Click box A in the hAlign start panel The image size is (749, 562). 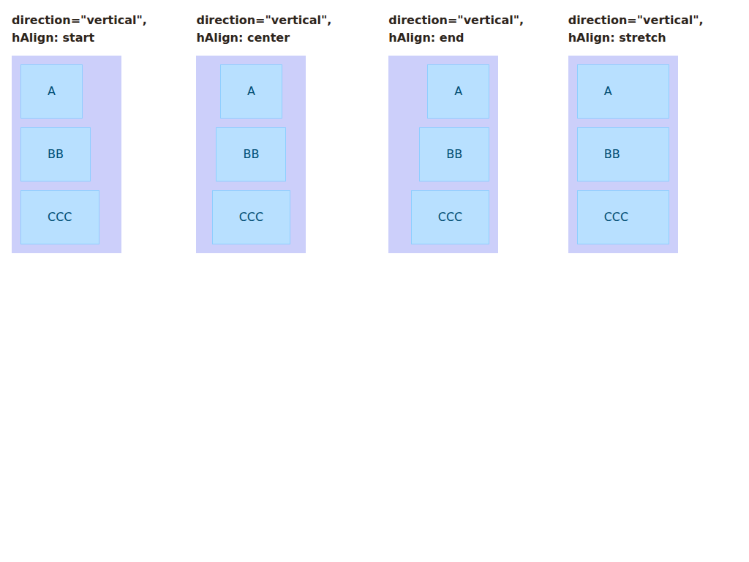coord(52,91)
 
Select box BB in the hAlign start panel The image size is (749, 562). coord(56,154)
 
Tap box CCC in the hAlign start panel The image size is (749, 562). coord(60,217)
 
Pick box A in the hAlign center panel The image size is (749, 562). coord(252,91)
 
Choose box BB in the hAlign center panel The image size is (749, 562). coord(251,154)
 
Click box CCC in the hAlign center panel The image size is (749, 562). coord(252,217)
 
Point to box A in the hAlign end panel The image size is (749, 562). coord(458,91)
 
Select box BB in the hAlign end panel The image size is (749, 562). coord(454,154)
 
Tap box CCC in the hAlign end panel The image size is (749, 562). coord(450,217)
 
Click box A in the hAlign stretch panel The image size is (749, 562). coord(623,91)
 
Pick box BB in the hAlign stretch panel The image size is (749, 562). coord(623,154)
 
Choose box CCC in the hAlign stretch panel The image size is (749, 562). coord(623,217)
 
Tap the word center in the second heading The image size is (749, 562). coord(272,38)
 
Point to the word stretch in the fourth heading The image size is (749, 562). coord(646,38)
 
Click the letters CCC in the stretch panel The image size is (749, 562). coord(616,217)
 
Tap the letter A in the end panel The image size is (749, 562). coord(458,91)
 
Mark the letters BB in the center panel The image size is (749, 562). coord(252,154)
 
